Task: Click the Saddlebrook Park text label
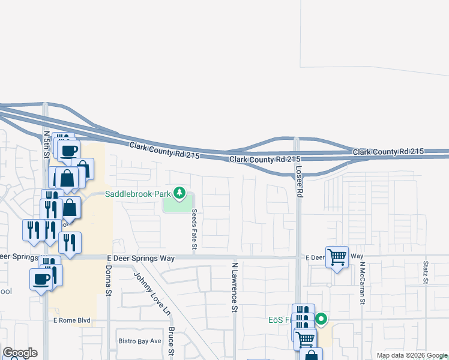pyautogui.click(x=137, y=194)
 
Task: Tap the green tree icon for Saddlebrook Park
pyautogui.click(x=179, y=193)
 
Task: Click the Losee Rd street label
pyautogui.click(x=298, y=179)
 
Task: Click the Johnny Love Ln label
pyautogui.click(x=152, y=295)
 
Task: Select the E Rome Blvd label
pyautogui.click(x=71, y=320)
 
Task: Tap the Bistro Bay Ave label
pyautogui.click(x=139, y=341)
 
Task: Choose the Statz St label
pyautogui.click(x=425, y=272)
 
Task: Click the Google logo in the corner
pyautogui.click(x=20, y=353)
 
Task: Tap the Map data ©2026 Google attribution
pyautogui.click(x=411, y=355)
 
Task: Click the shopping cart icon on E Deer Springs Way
pyautogui.click(x=337, y=257)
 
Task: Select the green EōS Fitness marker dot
pyautogui.click(x=321, y=319)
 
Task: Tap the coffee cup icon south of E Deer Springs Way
pyautogui.click(x=41, y=279)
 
